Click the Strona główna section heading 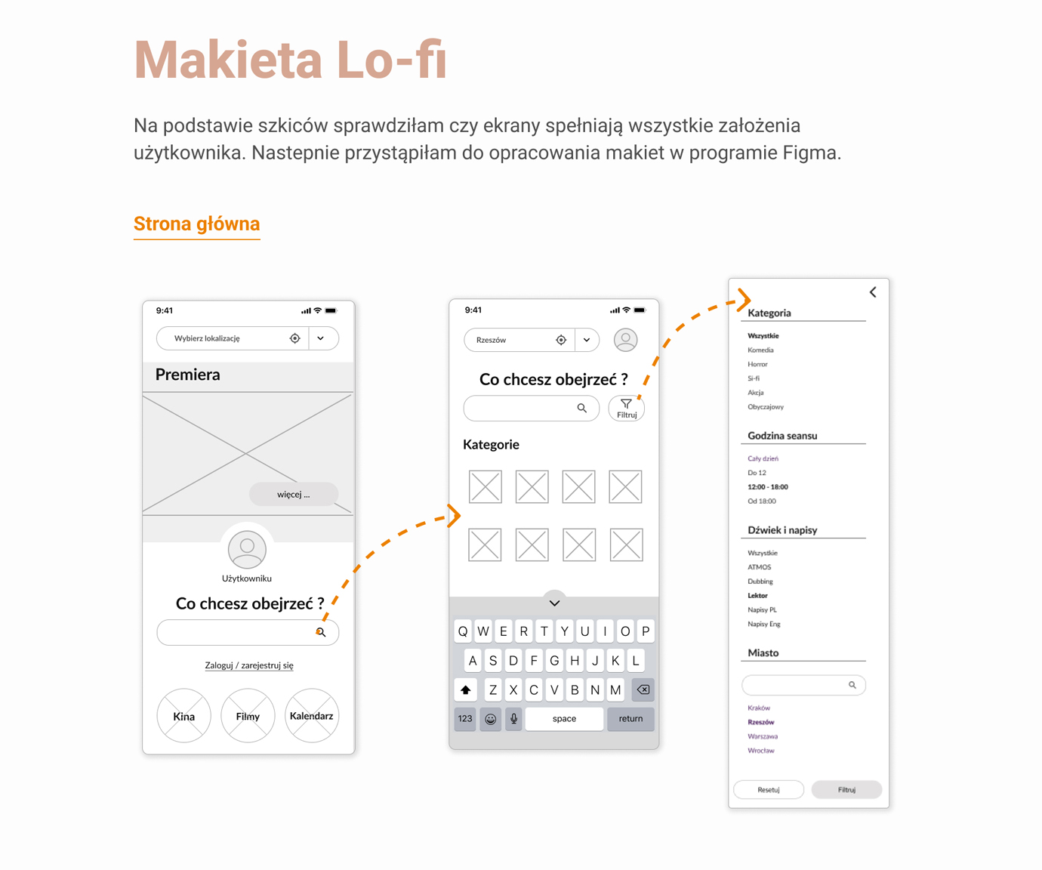(196, 224)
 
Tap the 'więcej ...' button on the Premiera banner (294, 494)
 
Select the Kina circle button (183, 716)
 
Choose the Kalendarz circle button (311, 716)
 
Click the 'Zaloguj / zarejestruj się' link (249, 665)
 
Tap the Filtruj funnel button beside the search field (626, 409)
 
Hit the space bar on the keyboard (564, 719)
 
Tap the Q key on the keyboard (463, 631)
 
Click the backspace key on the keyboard (643, 690)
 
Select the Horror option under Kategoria (757, 364)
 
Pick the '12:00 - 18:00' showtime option (767, 487)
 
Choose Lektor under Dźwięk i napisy (757, 595)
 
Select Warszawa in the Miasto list (763, 736)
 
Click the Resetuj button (769, 790)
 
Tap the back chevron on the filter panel (873, 292)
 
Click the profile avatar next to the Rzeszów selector (625, 340)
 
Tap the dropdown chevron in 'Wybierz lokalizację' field (320, 338)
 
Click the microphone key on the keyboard (513, 719)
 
